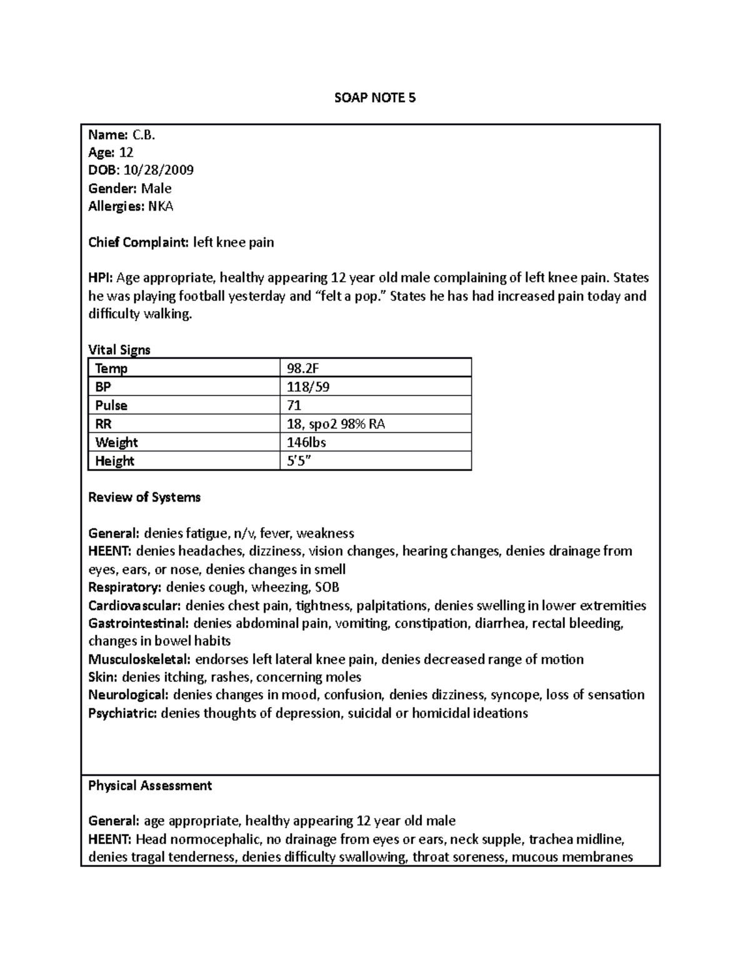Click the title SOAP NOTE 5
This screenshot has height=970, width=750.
point(374,97)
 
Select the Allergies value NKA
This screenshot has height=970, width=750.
point(160,206)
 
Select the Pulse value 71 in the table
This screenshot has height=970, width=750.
point(294,405)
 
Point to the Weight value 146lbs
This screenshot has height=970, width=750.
point(306,442)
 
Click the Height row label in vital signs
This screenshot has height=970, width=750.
point(115,461)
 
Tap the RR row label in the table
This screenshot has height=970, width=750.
point(104,424)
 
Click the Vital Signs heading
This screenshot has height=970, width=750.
point(119,350)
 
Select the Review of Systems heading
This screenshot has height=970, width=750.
point(144,497)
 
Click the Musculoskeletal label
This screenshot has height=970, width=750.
point(139,660)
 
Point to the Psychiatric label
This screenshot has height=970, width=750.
point(122,713)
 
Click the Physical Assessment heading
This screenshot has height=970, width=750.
point(150,786)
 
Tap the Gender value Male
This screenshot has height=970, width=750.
point(156,189)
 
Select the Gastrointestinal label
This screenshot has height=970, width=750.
point(139,623)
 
